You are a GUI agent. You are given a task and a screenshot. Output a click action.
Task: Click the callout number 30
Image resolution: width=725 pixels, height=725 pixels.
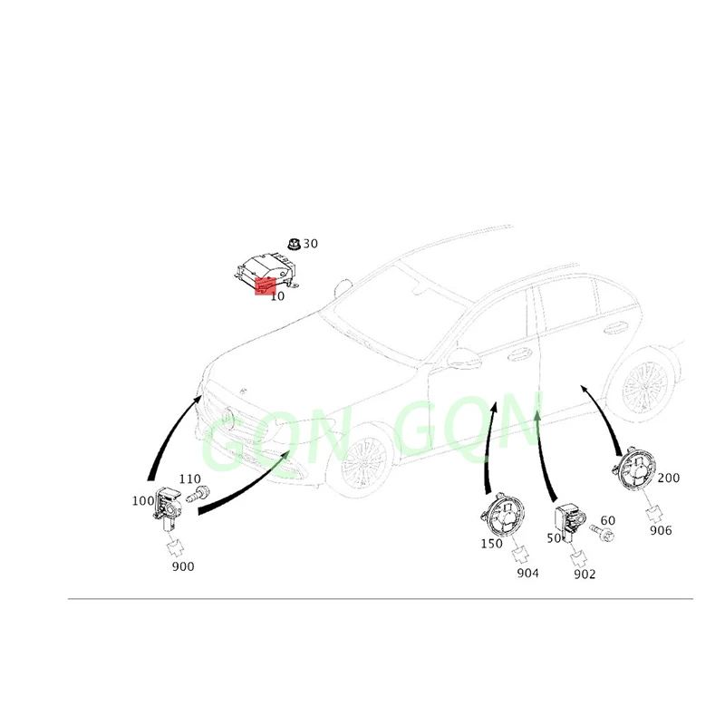(x=310, y=244)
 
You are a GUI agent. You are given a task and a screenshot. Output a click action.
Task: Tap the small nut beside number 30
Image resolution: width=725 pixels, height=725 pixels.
(x=294, y=244)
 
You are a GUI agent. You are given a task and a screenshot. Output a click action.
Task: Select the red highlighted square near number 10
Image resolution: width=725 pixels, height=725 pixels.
(x=266, y=286)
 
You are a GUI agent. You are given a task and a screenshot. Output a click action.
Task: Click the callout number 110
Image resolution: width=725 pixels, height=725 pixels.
(x=190, y=479)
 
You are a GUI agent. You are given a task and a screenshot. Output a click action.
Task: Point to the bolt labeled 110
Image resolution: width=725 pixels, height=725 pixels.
(x=198, y=493)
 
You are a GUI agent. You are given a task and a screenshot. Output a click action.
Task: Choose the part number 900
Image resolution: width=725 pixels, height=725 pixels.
(x=183, y=566)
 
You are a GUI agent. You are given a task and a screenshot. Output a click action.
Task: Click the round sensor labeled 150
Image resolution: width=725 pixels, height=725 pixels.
(x=503, y=514)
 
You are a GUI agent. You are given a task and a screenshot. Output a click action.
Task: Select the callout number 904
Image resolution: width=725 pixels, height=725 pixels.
(x=527, y=574)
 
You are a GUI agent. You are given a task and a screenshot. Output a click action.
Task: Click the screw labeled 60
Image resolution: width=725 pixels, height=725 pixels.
(x=602, y=533)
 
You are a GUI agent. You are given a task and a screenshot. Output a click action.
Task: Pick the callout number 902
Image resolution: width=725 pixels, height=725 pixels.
(x=585, y=575)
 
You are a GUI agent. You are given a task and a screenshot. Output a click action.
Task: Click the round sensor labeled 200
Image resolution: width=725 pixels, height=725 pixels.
(x=637, y=469)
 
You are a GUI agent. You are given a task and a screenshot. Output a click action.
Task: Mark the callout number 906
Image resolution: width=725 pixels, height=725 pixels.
(x=661, y=530)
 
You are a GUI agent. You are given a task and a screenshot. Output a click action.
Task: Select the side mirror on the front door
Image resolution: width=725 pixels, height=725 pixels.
(x=464, y=357)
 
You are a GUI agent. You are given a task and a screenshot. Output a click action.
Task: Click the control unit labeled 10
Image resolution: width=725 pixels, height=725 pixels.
(x=266, y=273)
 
